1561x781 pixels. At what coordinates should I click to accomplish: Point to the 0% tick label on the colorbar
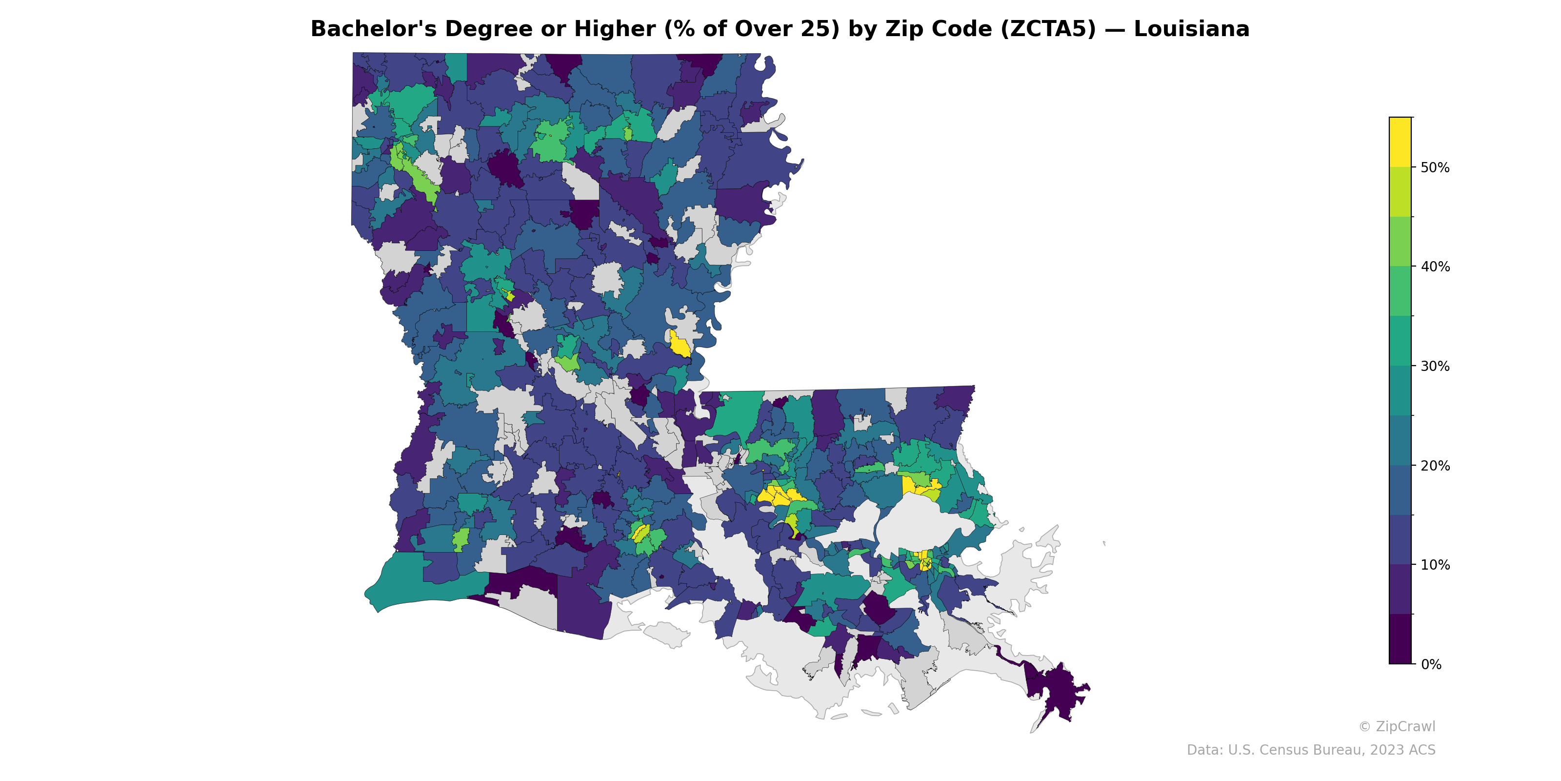[1431, 664]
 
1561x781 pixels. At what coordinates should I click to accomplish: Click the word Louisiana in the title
[1191, 29]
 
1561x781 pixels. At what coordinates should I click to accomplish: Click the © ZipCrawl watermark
[1396, 726]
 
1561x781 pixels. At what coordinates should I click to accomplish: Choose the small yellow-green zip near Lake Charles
[460, 538]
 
